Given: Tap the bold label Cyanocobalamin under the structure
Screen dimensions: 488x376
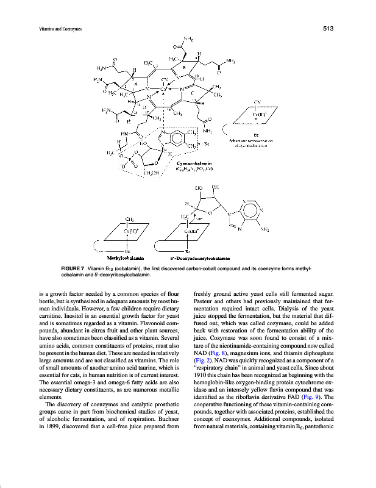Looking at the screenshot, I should click(x=194, y=163).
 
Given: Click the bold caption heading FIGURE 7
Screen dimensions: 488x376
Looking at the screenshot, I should click(x=68, y=268).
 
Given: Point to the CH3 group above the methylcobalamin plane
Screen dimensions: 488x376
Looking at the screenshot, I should click(x=129, y=218).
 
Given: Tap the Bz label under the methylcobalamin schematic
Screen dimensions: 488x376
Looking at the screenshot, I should click(x=127, y=250).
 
